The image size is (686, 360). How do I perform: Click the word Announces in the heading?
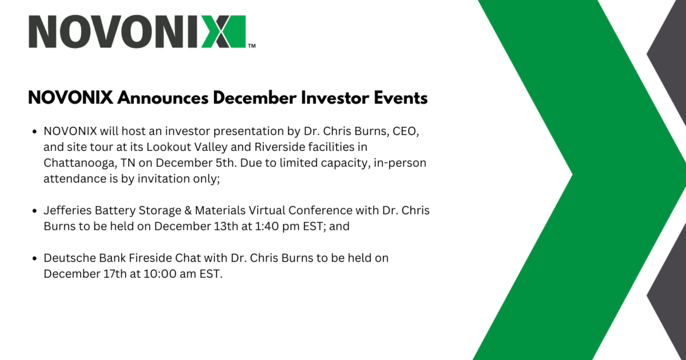tap(163, 98)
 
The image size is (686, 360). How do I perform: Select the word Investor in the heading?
tap(335, 98)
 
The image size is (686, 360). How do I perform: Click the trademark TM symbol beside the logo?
tap(252, 46)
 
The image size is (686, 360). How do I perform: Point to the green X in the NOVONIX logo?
tap(224, 31)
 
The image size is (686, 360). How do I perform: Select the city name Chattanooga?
tap(80, 163)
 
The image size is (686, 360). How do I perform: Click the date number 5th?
tap(226, 163)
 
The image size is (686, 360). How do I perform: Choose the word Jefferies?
tap(67, 211)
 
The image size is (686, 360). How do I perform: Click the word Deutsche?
tap(70, 258)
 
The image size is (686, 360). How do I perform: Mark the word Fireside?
tap(150, 258)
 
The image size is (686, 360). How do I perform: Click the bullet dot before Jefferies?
tap(34, 211)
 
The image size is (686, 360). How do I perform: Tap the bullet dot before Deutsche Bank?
tap(34, 258)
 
